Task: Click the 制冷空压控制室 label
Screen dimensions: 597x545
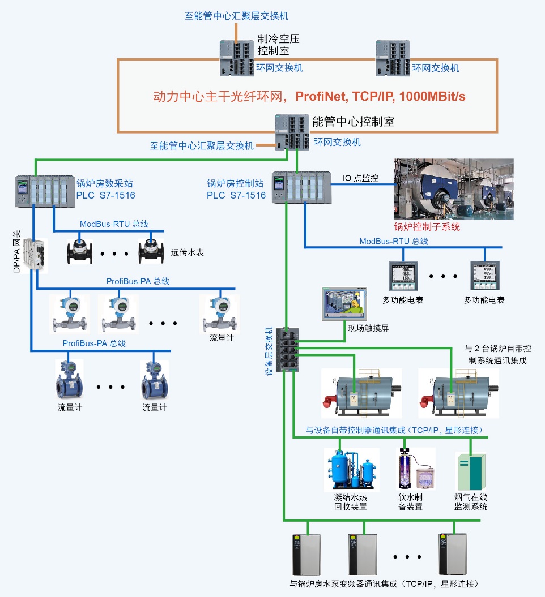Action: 278,45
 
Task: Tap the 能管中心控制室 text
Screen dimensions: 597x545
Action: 353,121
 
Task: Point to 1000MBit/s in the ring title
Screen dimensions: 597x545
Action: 432,96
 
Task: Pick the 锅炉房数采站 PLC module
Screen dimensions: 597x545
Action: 45,190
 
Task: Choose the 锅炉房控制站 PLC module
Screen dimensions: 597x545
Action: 301,187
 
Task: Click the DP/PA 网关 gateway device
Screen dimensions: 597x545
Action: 35,254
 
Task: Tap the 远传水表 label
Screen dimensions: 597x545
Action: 188,252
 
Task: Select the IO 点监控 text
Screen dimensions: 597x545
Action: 361,178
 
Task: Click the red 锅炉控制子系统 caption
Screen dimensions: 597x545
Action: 427,227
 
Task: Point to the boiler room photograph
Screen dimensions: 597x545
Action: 453,189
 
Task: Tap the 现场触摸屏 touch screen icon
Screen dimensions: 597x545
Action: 342,304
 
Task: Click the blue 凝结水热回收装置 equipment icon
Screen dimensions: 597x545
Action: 352,469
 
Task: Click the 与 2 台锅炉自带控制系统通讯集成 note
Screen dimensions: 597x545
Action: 497,354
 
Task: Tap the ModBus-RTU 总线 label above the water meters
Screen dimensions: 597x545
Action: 114,224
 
